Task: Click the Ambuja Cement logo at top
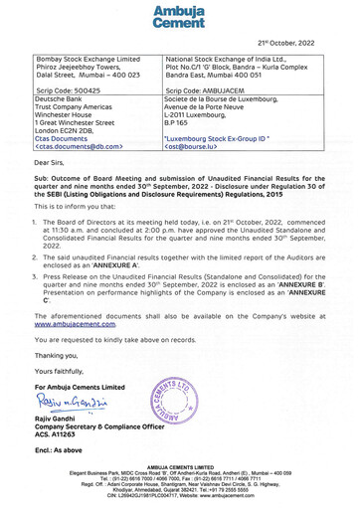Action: (180, 14)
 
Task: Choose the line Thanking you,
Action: (56, 354)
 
